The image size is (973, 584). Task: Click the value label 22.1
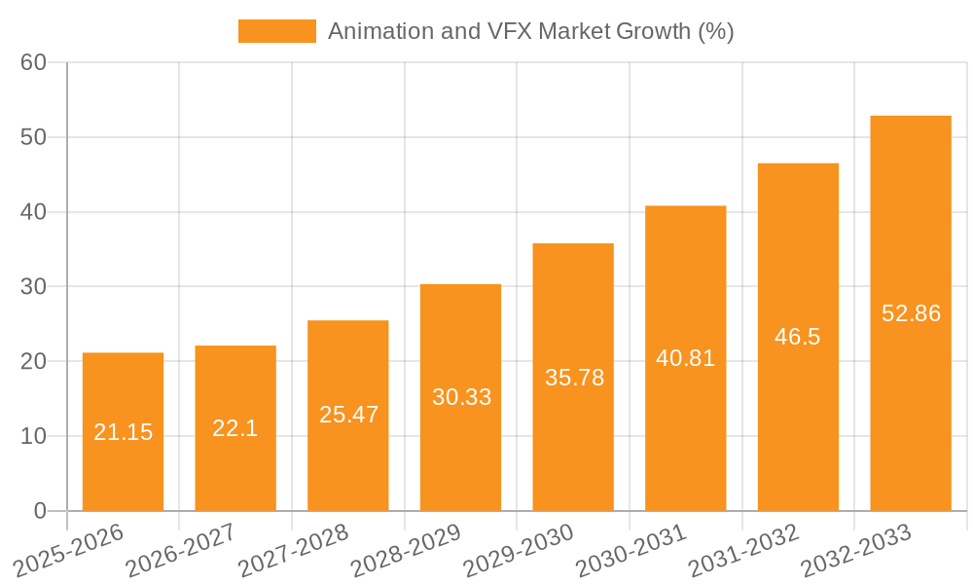(x=235, y=428)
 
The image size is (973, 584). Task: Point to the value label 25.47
(x=348, y=415)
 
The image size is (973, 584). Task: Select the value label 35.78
(x=574, y=378)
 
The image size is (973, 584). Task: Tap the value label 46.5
(x=798, y=337)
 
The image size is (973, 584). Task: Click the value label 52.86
(x=911, y=313)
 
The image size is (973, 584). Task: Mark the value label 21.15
(x=123, y=432)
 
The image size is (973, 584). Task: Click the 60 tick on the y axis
(x=33, y=62)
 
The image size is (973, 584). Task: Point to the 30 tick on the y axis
(x=33, y=286)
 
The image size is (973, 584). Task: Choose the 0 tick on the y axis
(x=40, y=511)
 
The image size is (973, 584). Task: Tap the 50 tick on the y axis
(x=33, y=137)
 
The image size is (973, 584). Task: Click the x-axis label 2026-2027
(x=180, y=550)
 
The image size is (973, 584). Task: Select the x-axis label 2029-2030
(x=519, y=550)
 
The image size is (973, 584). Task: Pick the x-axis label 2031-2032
(x=743, y=550)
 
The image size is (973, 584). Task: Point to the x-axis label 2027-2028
(x=293, y=550)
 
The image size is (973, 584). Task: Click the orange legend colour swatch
(x=277, y=31)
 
